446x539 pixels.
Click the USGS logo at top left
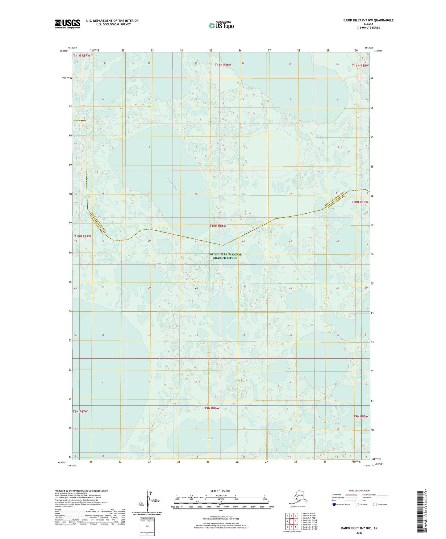click(68, 24)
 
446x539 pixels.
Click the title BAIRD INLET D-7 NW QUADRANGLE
click(368, 20)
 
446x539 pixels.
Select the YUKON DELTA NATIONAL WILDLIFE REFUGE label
click(225, 256)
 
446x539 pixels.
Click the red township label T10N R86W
click(218, 226)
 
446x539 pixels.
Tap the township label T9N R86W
click(212, 408)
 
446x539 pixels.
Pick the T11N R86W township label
click(223, 65)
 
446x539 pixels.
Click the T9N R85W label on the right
click(361, 416)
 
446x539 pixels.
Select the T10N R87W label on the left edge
click(82, 236)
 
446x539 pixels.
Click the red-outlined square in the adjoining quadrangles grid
click(291, 521)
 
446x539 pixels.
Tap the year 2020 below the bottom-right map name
click(359, 533)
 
